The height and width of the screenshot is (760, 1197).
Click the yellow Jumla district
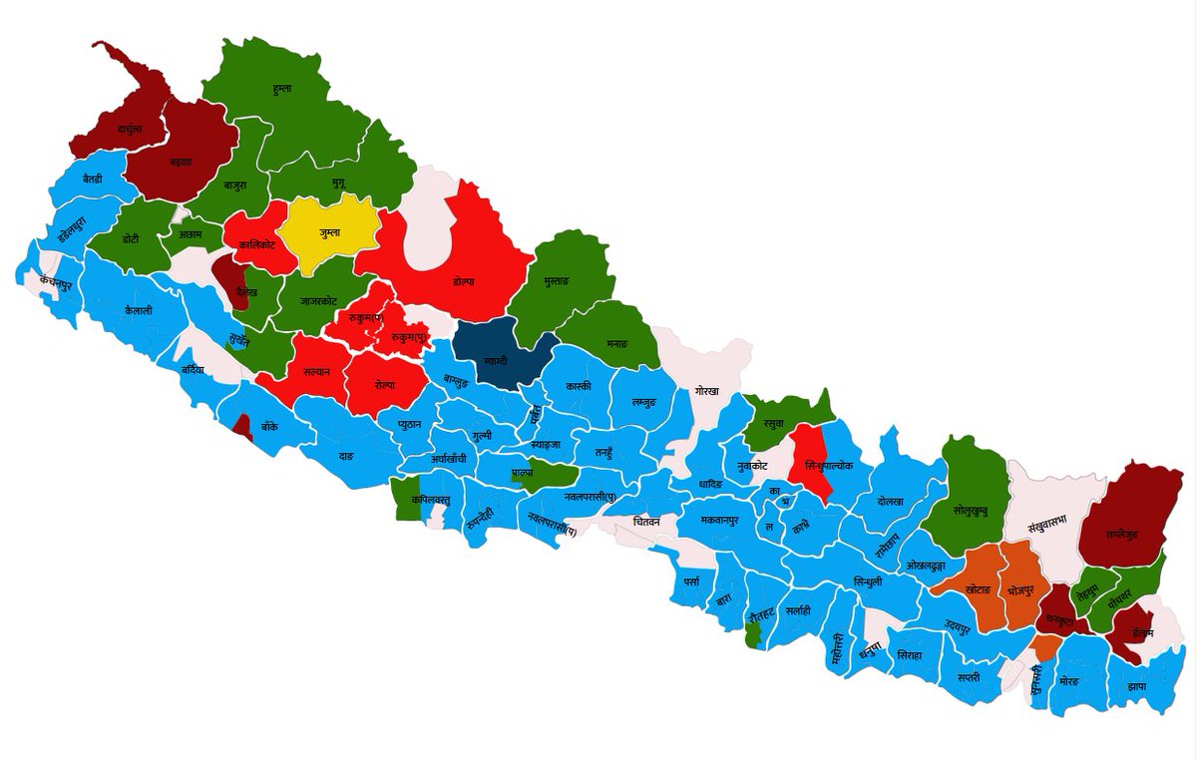coord(330,233)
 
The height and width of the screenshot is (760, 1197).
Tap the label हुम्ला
coord(282,89)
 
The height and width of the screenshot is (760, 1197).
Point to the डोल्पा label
coord(462,282)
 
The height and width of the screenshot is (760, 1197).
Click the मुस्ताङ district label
coord(554,283)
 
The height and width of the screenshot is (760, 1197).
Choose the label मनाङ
coord(617,343)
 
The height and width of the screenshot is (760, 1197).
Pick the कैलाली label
coord(140,310)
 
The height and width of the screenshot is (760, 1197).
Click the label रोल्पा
coord(385,384)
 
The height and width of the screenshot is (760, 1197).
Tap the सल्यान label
coord(316,371)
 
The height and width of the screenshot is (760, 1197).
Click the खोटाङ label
coord(978,590)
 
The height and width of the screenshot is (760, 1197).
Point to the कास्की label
coord(578,385)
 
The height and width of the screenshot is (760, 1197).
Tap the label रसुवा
coord(773,423)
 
